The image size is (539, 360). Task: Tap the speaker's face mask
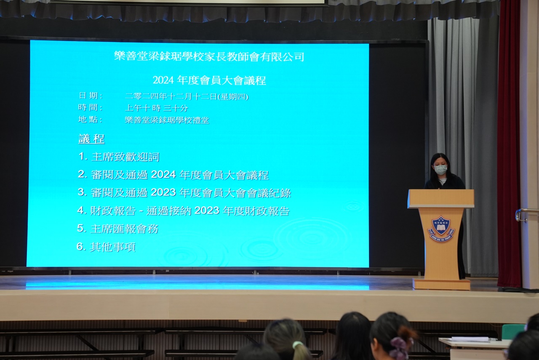pyautogui.click(x=441, y=169)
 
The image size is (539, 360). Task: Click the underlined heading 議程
pyautogui.click(x=91, y=139)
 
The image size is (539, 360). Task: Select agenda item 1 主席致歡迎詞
pyautogui.click(x=119, y=157)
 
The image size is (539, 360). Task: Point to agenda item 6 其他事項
pyautogui.click(x=106, y=247)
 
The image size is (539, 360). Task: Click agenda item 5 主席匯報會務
pyautogui.click(x=117, y=229)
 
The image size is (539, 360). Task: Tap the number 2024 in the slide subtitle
pyautogui.click(x=163, y=80)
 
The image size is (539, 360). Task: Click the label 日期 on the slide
pyautogui.click(x=91, y=96)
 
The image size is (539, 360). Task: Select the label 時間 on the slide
pyautogui.click(x=91, y=107)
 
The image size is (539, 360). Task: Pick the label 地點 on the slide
pyautogui.click(x=91, y=119)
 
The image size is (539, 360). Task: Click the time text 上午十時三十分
pyautogui.click(x=156, y=108)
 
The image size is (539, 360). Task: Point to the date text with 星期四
pyautogui.click(x=187, y=97)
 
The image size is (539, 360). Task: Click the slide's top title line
pyautogui.click(x=209, y=56)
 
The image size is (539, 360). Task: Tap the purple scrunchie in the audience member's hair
pyautogui.click(x=399, y=346)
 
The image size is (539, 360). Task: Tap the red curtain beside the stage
pyautogui.click(x=510, y=144)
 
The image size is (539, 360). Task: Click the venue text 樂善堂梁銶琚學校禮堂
pyautogui.click(x=167, y=120)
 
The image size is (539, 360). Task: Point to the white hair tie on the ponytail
pyautogui.click(x=297, y=345)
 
